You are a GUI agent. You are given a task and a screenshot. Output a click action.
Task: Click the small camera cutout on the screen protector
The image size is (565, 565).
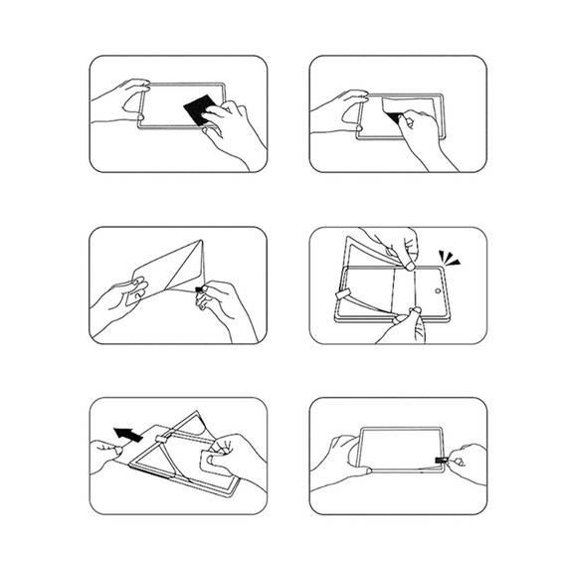(439, 289)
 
